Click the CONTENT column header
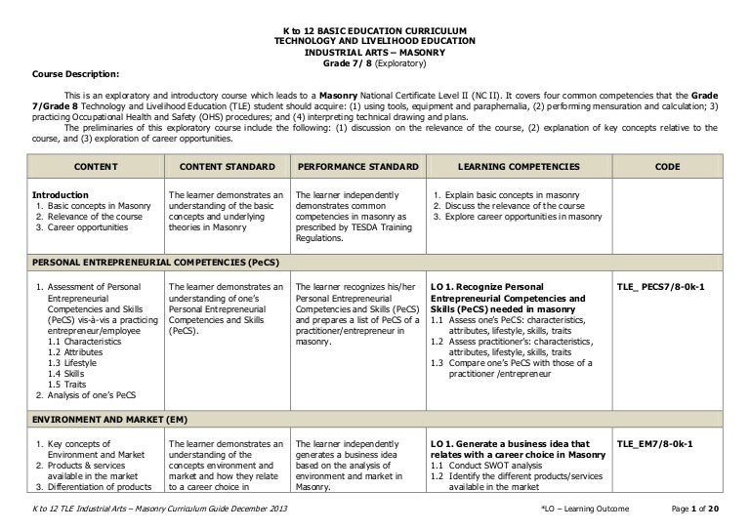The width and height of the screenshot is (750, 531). pyautogui.click(x=95, y=167)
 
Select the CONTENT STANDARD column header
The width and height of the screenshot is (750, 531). pyautogui.click(x=222, y=167)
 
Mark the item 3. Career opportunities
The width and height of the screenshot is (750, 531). pyautogui.click(x=82, y=226)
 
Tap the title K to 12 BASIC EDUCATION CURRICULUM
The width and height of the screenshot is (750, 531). pyautogui.click(x=374, y=32)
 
